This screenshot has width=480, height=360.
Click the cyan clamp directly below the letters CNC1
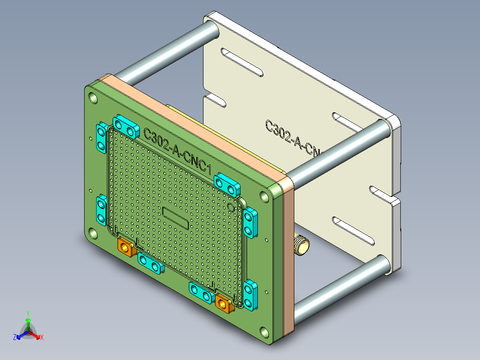click(x=227, y=184)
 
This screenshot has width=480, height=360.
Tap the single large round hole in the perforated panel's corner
click(x=231, y=207)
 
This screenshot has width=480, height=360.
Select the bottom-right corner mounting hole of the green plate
click(x=264, y=332)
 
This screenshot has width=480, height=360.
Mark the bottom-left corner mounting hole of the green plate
click(x=92, y=233)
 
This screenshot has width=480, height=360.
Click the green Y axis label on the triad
click(x=28, y=313)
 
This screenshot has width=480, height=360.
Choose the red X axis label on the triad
click(x=42, y=337)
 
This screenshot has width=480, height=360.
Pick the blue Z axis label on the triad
click(x=15, y=337)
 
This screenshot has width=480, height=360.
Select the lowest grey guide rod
click(x=338, y=287)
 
